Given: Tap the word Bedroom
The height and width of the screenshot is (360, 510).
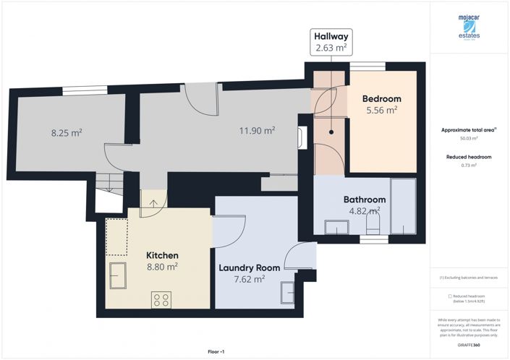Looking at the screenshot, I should tap(381, 98).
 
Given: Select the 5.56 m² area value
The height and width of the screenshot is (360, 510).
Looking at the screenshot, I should tap(381, 111).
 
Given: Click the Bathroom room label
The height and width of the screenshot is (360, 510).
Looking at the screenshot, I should tap(364, 200).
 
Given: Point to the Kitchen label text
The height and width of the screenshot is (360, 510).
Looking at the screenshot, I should tap(162, 255).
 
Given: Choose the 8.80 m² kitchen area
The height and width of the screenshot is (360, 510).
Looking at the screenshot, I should tap(162, 267).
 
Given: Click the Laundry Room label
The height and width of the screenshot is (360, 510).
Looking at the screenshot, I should tap(249, 267).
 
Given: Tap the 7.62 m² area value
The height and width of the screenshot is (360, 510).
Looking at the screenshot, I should tap(249, 279).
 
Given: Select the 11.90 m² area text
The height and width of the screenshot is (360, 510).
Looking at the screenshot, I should tap(258, 131).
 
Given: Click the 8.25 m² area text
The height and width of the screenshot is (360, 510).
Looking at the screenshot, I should tap(66, 133).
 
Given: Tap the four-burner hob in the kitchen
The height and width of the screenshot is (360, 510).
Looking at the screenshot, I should tap(161, 299).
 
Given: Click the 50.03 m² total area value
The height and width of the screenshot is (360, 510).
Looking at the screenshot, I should tap(469, 138).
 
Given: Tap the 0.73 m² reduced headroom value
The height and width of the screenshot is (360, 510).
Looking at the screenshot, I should tap(469, 166).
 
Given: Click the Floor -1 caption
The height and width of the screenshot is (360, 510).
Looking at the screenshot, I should tap(216, 351).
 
